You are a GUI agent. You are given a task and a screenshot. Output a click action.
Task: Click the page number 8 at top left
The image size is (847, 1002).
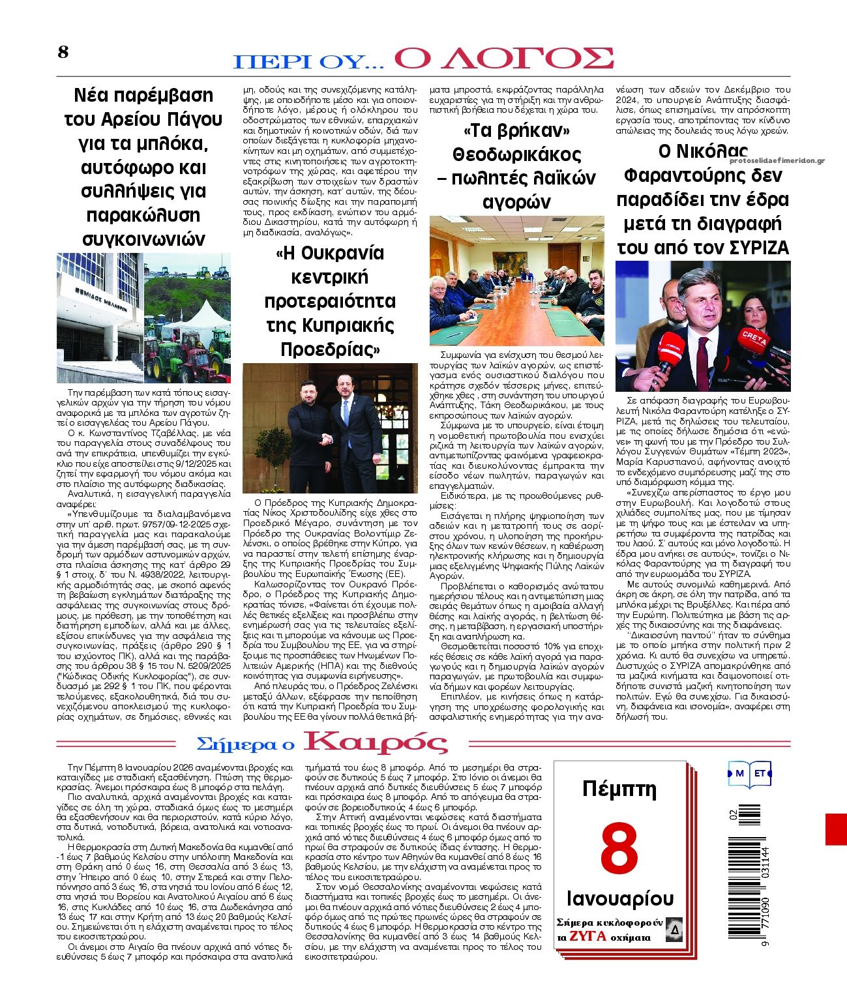pos(63,52)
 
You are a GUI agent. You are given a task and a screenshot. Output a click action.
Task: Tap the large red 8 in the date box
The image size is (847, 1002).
pos(619,850)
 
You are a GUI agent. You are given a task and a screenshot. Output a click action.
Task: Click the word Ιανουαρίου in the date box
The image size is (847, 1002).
pos(620,898)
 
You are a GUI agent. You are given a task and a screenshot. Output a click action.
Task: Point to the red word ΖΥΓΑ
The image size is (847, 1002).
pos(588,937)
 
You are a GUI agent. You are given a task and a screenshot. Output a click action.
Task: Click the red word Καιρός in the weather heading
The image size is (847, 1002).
pos(376,743)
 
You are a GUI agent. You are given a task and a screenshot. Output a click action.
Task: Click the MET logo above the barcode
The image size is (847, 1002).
pos(750,773)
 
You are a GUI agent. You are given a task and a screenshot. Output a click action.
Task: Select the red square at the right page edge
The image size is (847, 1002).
pos(836,829)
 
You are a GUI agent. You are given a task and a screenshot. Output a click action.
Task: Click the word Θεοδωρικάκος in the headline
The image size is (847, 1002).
pos(516,155)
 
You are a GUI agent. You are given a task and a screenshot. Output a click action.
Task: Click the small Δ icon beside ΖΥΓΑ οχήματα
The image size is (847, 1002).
pos(674,929)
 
